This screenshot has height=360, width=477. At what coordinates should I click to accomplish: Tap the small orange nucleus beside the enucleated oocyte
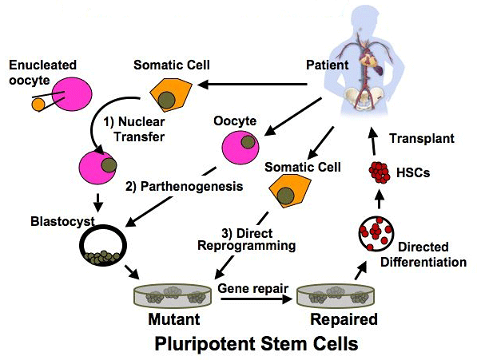[38, 105]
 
